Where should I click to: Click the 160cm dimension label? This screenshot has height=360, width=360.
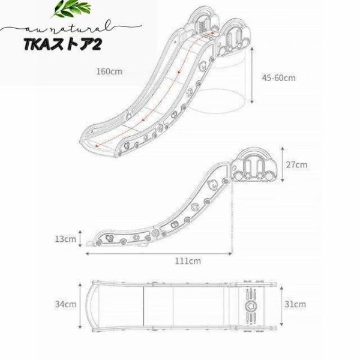pyautogui.click(x=109, y=71)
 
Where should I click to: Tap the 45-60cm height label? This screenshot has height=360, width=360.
pyautogui.click(x=279, y=78)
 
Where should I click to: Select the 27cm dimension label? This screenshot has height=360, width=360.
pyautogui.click(x=296, y=164)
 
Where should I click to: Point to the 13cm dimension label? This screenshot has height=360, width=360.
pyautogui.click(x=65, y=239)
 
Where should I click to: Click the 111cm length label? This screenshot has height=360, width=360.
pyautogui.click(x=188, y=261)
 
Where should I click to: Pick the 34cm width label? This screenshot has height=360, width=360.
pyautogui.click(x=65, y=304)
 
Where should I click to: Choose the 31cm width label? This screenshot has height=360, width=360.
pyautogui.click(x=295, y=304)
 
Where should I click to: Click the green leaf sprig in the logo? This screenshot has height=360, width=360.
pyautogui.click(x=71, y=8)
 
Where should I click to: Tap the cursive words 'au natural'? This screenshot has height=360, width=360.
pyautogui.click(x=69, y=28)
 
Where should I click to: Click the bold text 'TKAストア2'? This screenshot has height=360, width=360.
pyautogui.click(x=62, y=44)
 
